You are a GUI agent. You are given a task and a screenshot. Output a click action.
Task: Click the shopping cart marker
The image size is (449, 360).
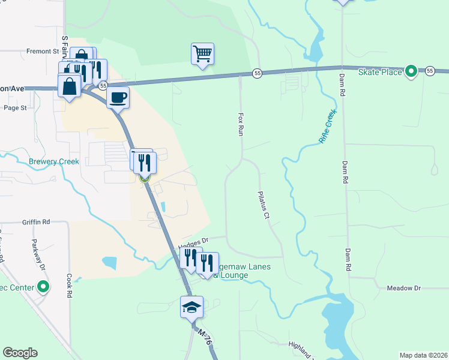click(x=203, y=54)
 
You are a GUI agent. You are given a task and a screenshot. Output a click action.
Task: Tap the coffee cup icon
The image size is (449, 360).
click(x=118, y=97)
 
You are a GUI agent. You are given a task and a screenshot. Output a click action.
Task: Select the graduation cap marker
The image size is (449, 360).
click(x=192, y=307)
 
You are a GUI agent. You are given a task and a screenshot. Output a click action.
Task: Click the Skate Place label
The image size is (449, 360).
click(x=379, y=72)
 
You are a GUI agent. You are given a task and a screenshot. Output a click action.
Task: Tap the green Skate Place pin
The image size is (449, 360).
click(x=411, y=72)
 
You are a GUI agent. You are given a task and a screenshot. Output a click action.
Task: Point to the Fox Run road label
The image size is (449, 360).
click(x=241, y=124)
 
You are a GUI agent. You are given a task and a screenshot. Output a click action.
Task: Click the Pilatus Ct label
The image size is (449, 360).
click(x=263, y=205)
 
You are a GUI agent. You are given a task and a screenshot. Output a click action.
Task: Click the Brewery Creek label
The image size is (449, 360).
click(x=54, y=161)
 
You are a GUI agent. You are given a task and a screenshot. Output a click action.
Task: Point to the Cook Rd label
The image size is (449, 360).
click(x=70, y=286)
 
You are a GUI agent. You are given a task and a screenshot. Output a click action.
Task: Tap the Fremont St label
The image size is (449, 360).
click(x=42, y=52)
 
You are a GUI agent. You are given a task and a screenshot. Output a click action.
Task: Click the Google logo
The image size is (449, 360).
click(x=20, y=353)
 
